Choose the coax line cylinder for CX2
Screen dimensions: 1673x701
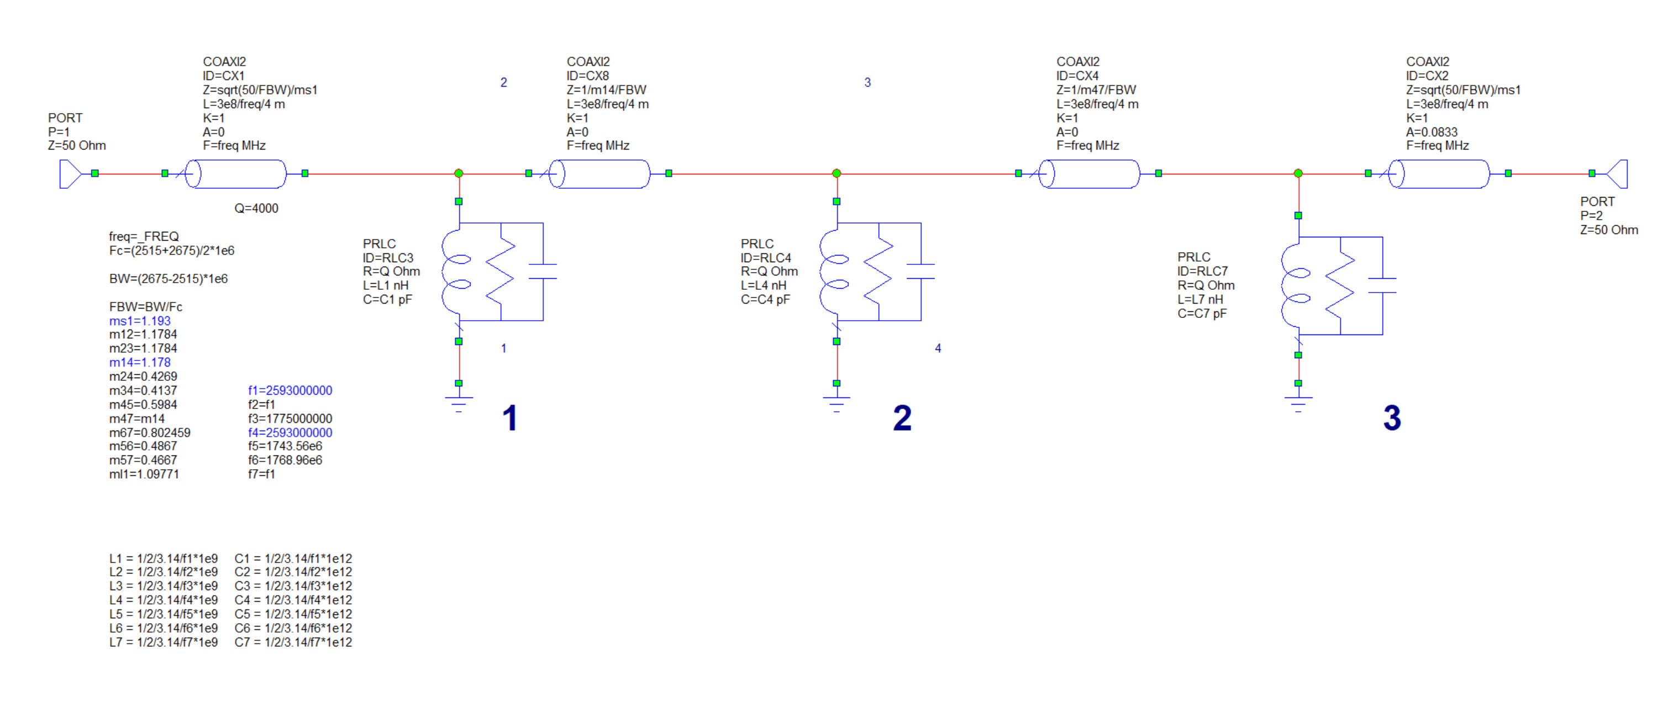pyautogui.click(x=1439, y=174)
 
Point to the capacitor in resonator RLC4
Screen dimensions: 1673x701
pyautogui.click(x=921, y=272)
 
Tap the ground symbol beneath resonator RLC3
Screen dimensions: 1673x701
pyautogui.click(x=459, y=402)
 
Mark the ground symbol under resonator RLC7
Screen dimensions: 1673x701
pyautogui.click(x=1298, y=403)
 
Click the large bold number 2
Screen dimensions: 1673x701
pyautogui.click(x=902, y=418)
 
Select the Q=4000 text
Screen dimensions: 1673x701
pyautogui.click(x=256, y=208)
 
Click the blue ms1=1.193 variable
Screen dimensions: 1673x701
pyautogui.click(x=140, y=321)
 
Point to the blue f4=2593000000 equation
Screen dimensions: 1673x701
pyautogui.click(x=290, y=432)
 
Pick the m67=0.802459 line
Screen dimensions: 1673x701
pyautogui.click(x=149, y=432)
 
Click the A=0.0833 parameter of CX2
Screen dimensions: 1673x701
pyautogui.click(x=1432, y=132)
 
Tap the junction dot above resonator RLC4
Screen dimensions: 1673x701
pyautogui.click(x=836, y=173)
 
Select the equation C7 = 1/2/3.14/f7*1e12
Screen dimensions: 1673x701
pyautogui.click(x=293, y=642)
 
